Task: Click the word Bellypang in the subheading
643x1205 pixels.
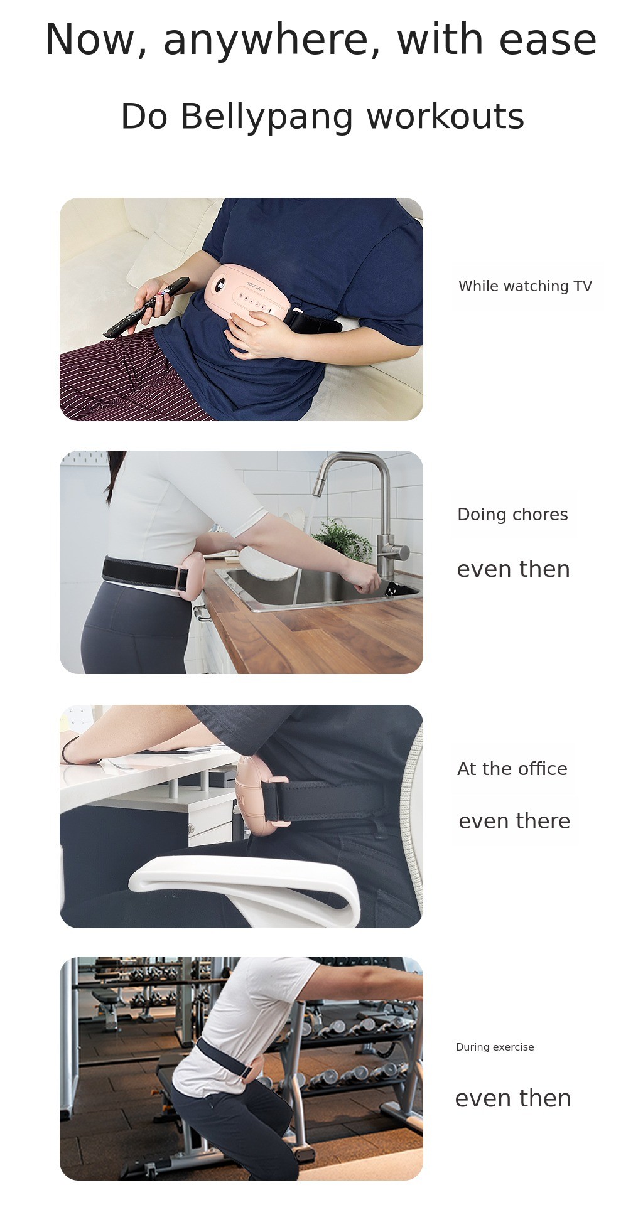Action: click(x=266, y=117)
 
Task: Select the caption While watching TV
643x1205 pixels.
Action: click(x=525, y=286)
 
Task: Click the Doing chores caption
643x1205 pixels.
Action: click(x=512, y=515)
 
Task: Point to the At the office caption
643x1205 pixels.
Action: click(x=512, y=769)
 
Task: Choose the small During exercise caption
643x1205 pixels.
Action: click(x=495, y=1047)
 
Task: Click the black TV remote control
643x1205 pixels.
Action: click(x=146, y=307)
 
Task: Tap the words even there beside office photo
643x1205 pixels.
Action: click(x=514, y=821)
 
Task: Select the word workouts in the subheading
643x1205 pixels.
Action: click(x=445, y=117)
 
